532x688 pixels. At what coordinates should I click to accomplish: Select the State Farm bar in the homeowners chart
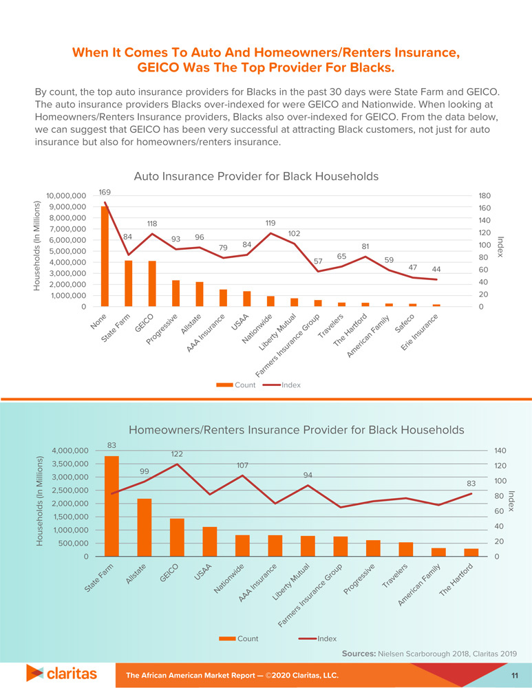pos(111,506)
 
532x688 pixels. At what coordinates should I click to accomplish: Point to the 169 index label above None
pos(105,192)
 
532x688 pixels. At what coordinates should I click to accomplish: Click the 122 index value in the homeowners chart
pos(177,454)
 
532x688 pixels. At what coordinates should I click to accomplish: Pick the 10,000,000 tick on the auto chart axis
pos(66,196)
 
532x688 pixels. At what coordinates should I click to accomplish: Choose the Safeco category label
pos(404,324)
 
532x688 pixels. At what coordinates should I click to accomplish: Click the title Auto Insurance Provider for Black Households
pos(256,176)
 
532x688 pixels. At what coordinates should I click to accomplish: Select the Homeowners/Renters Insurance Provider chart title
pos(297,429)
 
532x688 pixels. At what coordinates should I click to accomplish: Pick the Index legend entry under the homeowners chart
pos(318,638)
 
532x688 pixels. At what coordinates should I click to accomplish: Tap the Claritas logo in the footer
pos(61,672)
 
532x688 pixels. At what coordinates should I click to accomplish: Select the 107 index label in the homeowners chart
pos(242,466)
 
